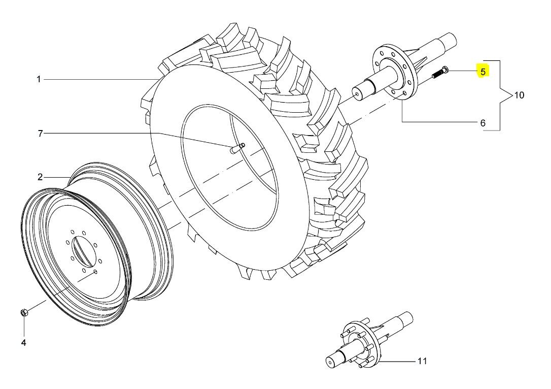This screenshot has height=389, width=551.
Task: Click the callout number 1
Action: (39, 80)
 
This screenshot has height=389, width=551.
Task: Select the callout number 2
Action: (40, 177)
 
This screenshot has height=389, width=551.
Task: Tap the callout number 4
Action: (23, 342)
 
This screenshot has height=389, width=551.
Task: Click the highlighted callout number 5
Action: (483, 72)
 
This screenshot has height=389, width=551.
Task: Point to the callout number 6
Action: (483, 123)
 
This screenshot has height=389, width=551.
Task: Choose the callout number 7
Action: (40, 134)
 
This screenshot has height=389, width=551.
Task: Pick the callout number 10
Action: (519, 95)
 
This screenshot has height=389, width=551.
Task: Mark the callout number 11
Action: (422, 361)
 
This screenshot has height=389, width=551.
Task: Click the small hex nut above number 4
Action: (23, 312)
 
